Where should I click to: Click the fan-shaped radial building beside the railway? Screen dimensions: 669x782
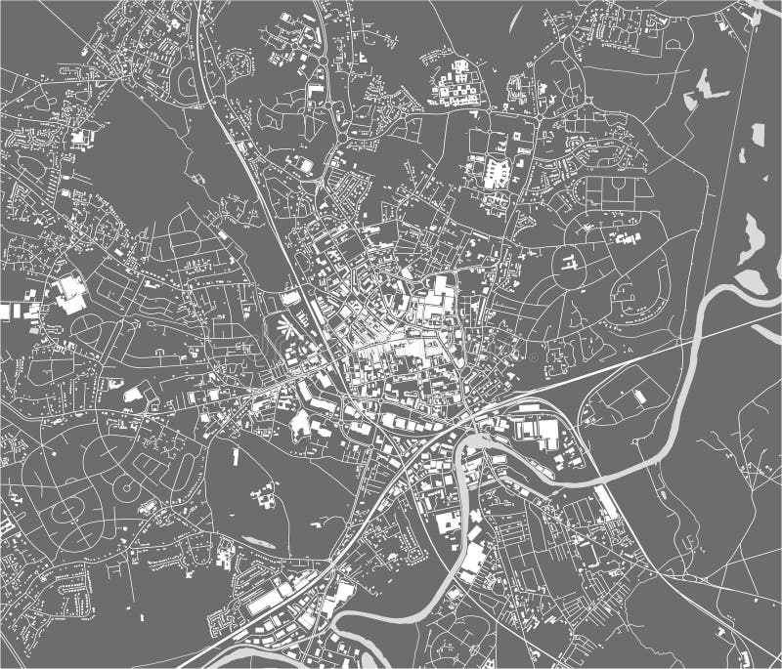coord(284,327)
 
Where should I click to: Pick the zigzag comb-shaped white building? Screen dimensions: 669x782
coord(495,172)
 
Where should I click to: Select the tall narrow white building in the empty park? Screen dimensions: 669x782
coord(236,455)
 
